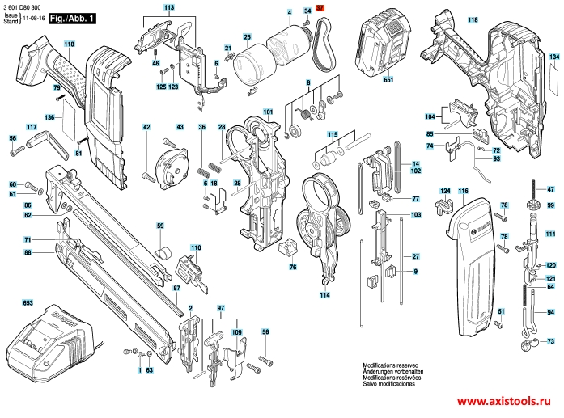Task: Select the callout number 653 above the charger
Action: [x=28, y=303]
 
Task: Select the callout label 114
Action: [x=324, y=295]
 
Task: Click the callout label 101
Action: [x=268, y=111]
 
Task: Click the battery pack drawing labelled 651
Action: [x=388, y=44]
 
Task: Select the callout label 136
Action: [x=49, y=118]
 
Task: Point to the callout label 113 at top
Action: [x=168, y=7]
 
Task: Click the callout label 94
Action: [x=551, y=312]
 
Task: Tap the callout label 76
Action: [x=293, y=266]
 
